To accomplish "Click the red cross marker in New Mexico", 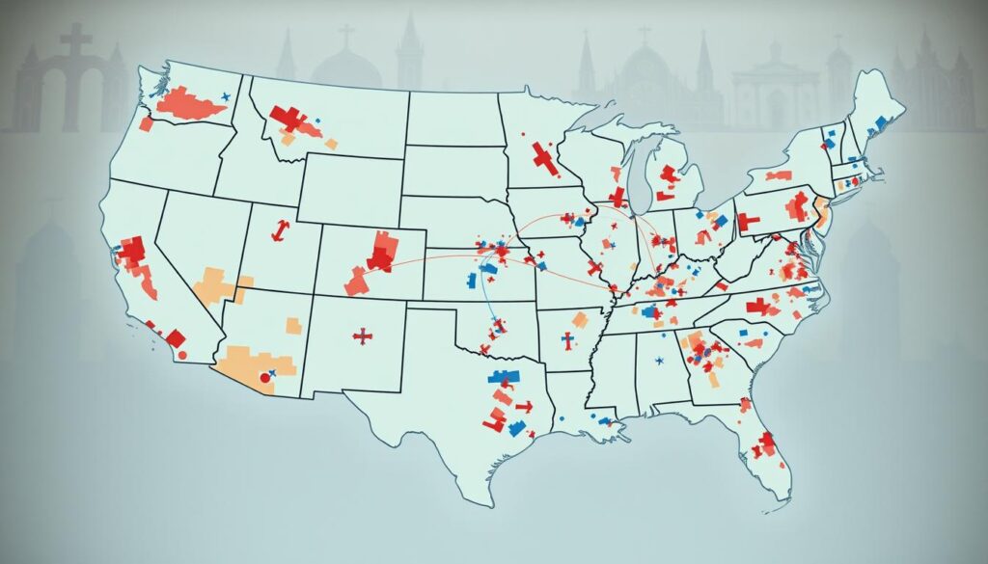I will point(363,336).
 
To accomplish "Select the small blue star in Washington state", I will point(224,96).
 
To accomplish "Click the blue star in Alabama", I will point(659,361).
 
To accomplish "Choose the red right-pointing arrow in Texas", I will point(522,406).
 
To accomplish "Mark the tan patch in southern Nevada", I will point(219,285).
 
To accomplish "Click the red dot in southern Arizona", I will point(261,379).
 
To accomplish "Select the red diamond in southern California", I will point(175,337).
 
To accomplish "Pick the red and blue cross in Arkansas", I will point(568,340).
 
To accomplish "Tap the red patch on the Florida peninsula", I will point(766,443).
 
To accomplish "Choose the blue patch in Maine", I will point(879,122).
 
